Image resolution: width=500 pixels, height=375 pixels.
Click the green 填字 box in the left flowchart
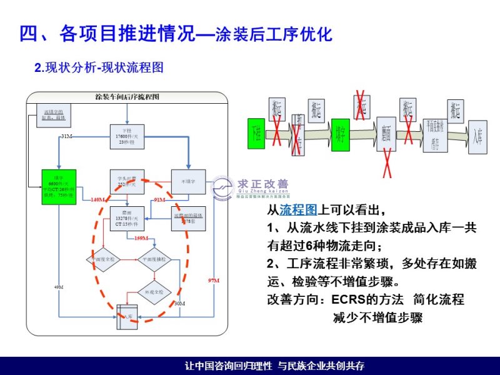(x=59, y=184)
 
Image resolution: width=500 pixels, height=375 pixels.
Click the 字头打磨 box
(x=127, y=181)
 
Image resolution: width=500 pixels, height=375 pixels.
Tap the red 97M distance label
(x=213, y=281)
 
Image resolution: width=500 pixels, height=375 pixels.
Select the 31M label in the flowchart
(x=67, y=136)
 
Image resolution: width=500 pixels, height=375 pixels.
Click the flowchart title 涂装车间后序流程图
(x=127, y=97)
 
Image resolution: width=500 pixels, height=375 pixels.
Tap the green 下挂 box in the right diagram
(x=256, y=133)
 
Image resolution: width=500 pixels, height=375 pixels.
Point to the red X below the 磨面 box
(x=387, y=163)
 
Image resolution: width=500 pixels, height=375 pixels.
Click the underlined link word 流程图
(x=299, y=209)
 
